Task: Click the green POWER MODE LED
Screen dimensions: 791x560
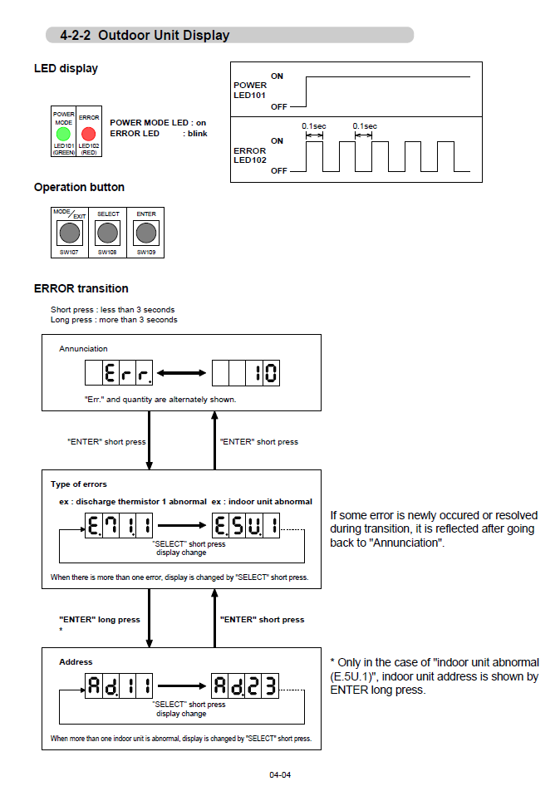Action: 63,134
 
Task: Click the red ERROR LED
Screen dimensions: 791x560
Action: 88,134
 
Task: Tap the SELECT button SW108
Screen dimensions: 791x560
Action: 108,232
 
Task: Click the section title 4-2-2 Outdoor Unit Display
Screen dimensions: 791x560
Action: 145,36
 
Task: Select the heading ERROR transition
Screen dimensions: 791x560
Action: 81,288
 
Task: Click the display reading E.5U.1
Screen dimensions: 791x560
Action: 246,525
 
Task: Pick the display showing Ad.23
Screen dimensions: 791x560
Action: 246,685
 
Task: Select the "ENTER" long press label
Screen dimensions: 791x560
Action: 100,620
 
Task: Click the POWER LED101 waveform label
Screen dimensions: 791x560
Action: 250,90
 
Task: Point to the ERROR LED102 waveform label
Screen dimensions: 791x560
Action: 250,155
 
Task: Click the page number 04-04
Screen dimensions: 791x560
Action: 280,775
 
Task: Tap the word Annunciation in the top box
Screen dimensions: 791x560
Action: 83,349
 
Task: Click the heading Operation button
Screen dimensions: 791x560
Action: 79,188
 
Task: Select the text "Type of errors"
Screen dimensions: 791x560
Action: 79,484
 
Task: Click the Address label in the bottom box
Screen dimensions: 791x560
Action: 76,662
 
